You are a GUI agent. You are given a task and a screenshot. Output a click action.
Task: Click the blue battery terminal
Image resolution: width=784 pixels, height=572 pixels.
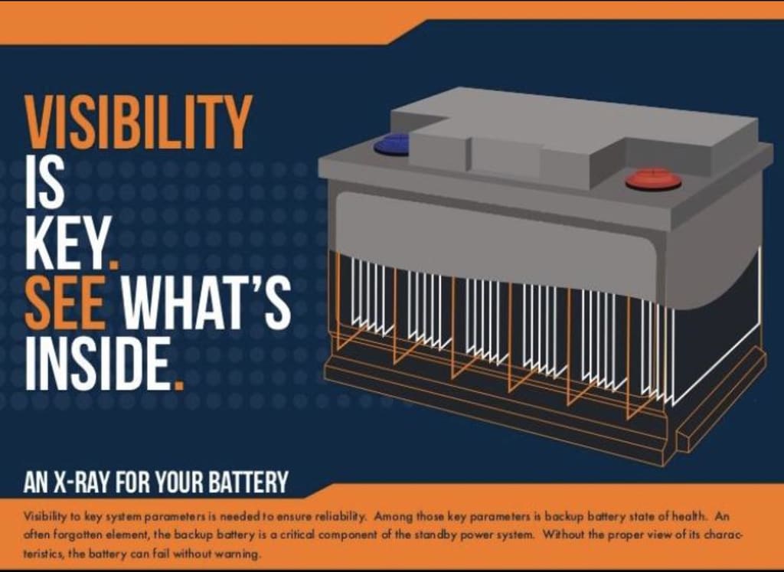pyautogui.click(x=391, y=144)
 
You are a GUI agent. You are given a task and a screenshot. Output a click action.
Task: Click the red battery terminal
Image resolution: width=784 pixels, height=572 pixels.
pyautogui.click(x=653, y=179)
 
